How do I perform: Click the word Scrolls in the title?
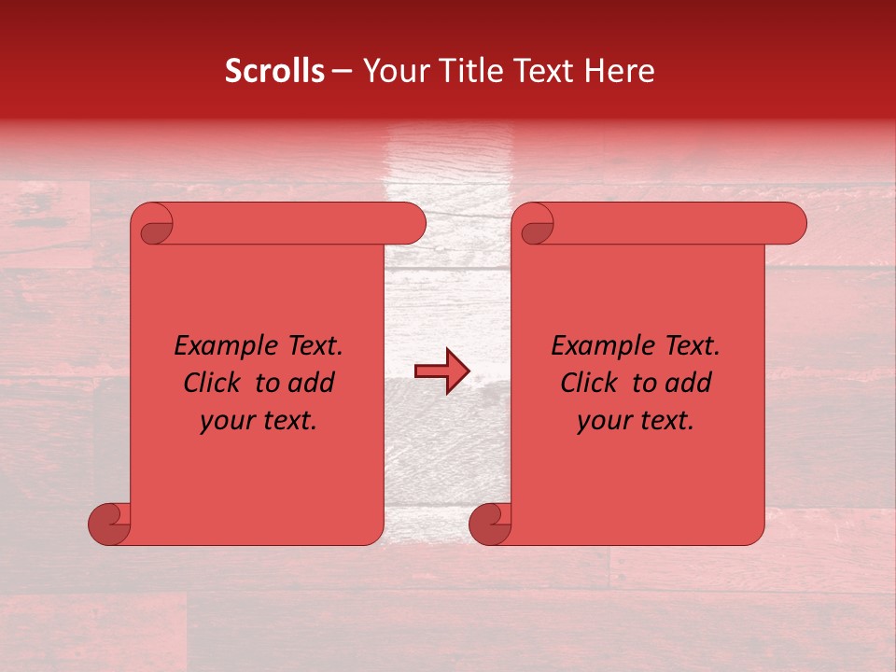point(274,71)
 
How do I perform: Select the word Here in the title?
point(620,71)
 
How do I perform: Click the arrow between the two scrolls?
point(441,371)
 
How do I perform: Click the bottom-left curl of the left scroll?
point(110,524)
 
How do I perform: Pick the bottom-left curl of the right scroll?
point(491,524)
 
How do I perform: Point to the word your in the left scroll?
point(228,421)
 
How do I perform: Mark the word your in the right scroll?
point(605,421)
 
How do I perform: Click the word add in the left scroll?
point(312,383)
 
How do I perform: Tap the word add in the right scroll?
point(689,383)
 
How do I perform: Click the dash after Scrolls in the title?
point(343,72)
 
